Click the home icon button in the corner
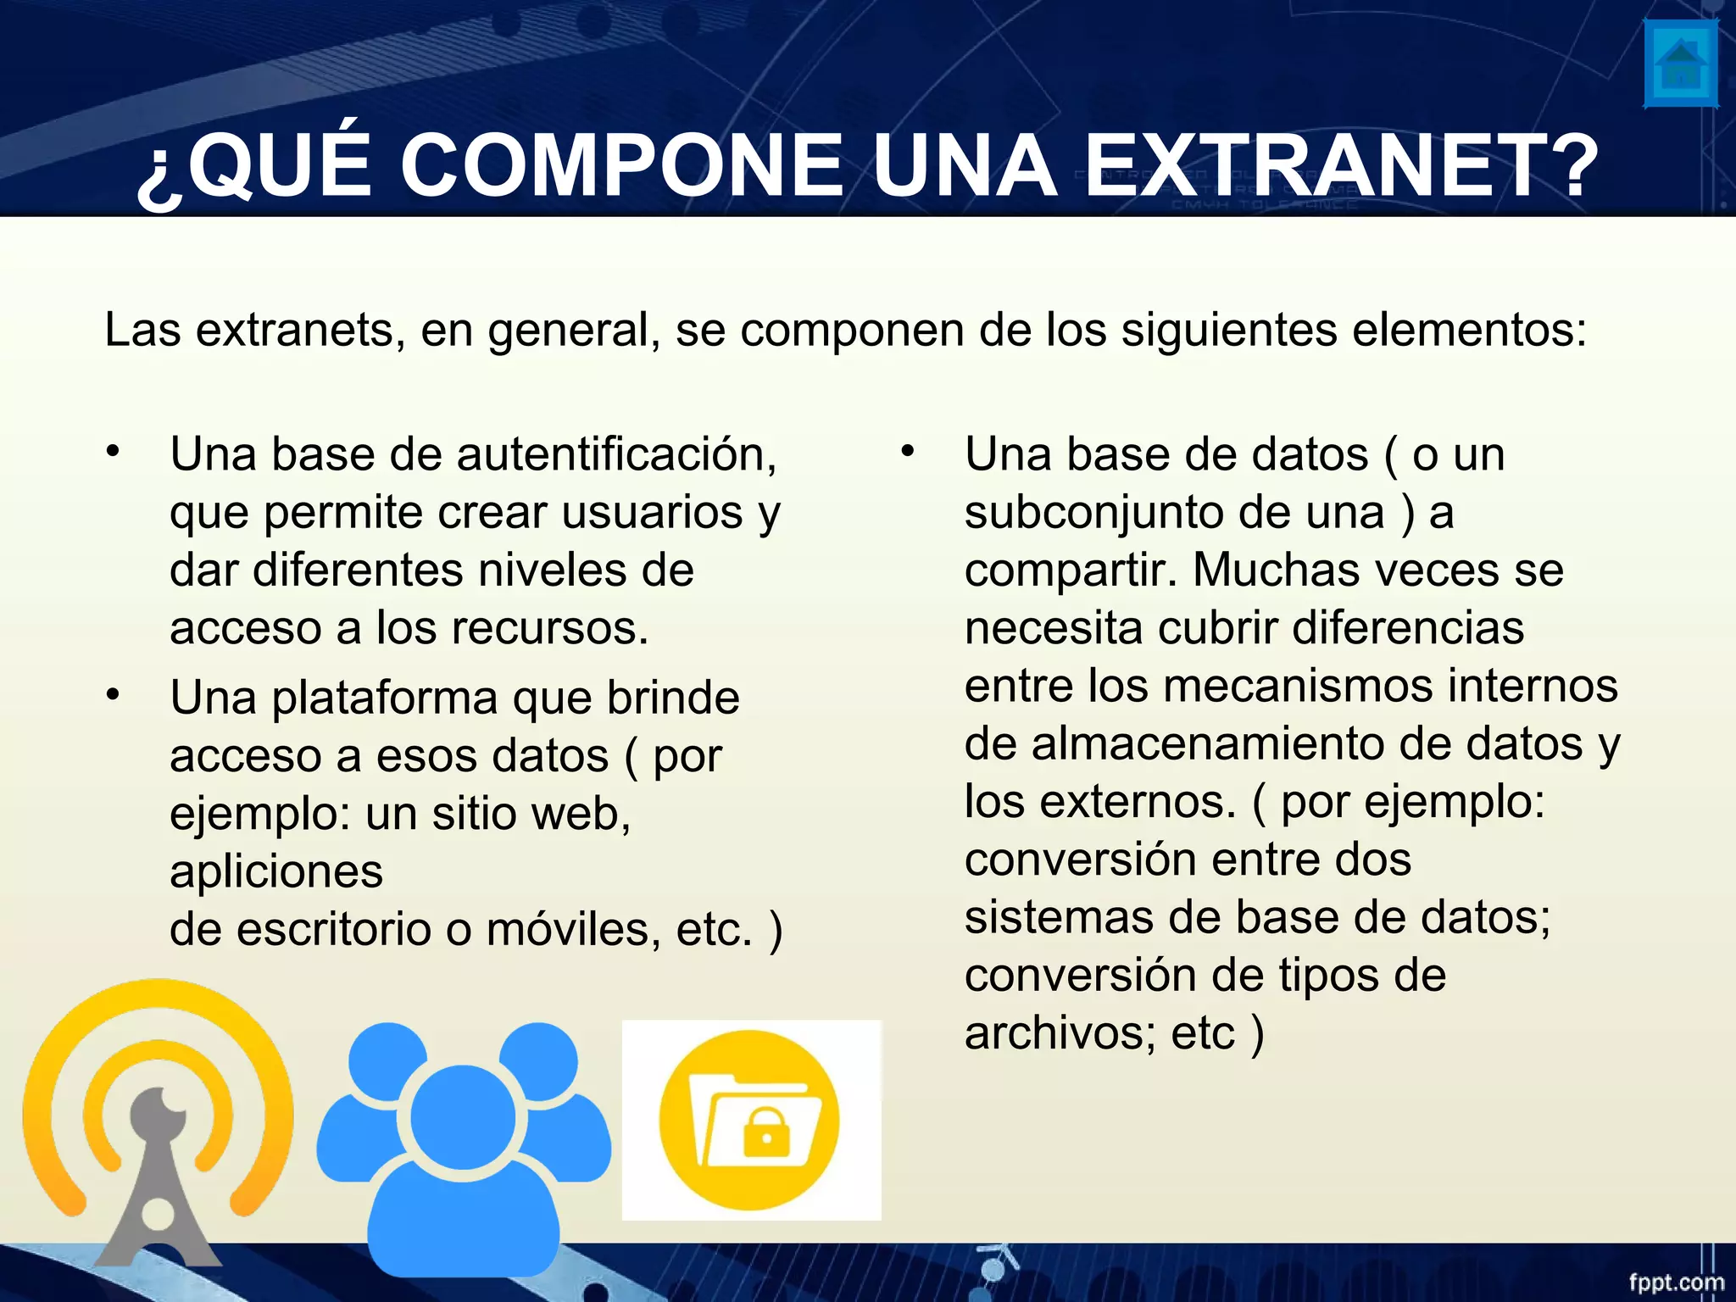1680,65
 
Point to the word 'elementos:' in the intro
1469,330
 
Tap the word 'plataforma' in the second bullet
385,698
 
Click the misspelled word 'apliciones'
276,872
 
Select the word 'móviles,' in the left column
573,930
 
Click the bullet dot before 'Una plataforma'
114,695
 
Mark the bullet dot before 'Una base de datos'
908,451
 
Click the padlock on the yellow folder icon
766,1134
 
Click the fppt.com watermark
1676,1282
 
